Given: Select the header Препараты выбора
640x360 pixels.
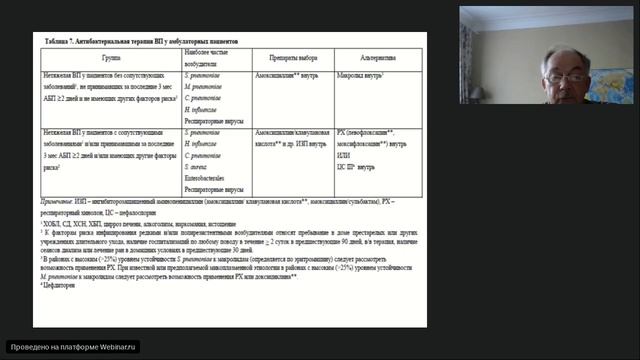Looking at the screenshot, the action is pos(294,59).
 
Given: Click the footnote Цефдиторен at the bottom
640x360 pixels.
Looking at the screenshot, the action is pos(61,286).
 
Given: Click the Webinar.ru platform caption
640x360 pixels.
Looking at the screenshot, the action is pos(71,347).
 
